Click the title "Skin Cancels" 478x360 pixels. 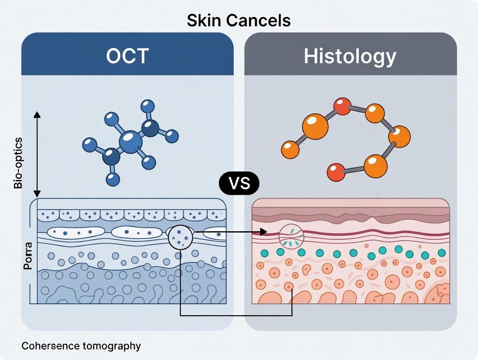click(x=239, y=20)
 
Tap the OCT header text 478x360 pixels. click(x=128, y=56)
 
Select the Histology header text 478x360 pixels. click(x=350, y=56)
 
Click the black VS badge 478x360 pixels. click(x=239, y=183)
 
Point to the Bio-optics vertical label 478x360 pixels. click(x=18, y=163)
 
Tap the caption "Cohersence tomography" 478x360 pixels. click(x=81, y=346)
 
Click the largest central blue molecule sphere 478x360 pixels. click(x=130, y=142)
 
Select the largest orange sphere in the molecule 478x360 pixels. click(x=315, y=127)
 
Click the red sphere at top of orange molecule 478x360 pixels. click(x=342, y=106)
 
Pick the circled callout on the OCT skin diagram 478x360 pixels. click(x=181, y=237)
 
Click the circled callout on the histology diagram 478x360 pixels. click(x=291, y=236)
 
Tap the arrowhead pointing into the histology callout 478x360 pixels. click(x=263, y=232)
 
